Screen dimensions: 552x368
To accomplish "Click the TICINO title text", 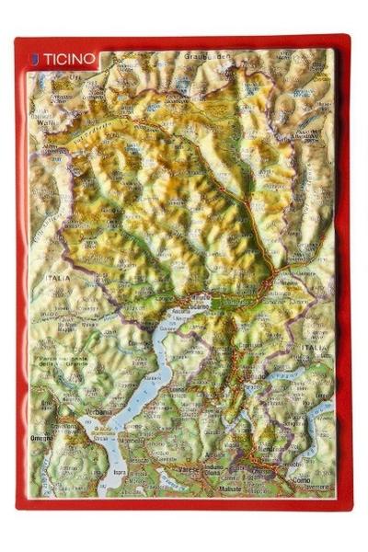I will click(x=69, y=58).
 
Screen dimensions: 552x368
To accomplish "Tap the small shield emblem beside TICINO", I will click(x=34, y=58).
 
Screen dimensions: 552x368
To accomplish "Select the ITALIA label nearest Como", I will click(x=313, y=348).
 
